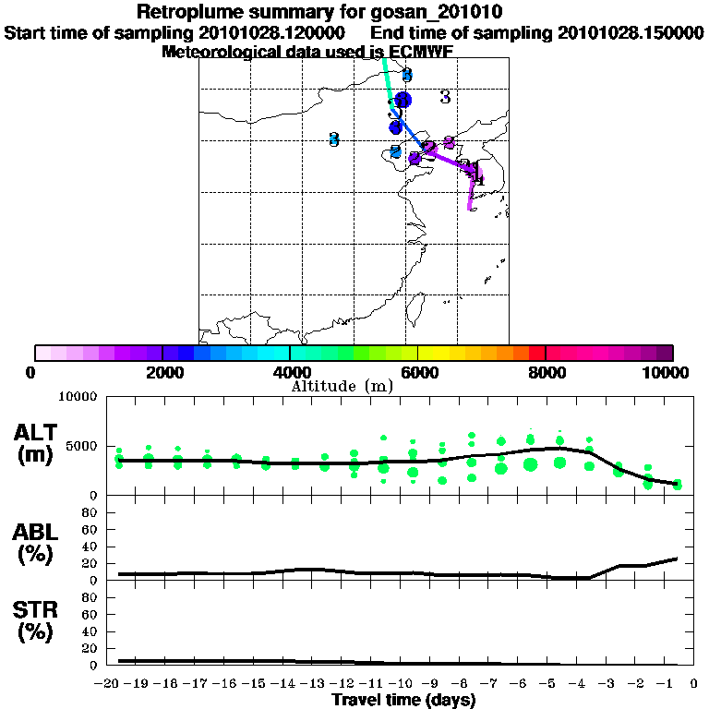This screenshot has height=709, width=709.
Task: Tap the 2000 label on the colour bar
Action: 161,372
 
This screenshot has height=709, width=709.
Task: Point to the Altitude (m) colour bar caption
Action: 342,385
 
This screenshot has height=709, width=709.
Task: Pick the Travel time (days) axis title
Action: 403,700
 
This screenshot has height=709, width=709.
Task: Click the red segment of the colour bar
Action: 536,353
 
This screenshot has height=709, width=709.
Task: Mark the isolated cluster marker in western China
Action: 334,139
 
